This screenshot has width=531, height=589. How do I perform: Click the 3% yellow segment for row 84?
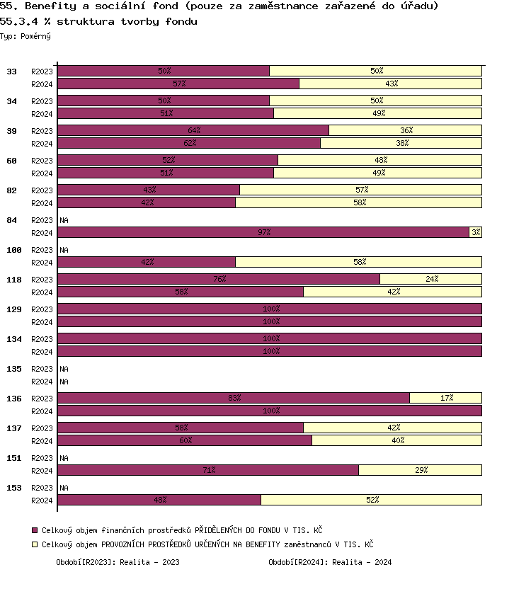point(475,232)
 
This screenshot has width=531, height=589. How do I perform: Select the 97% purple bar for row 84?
point(263,232)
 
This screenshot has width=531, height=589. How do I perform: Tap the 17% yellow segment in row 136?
point(445,398)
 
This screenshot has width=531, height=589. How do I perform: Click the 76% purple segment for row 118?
point(219,279)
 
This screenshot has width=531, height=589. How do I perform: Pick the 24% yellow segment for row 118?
point(430,279)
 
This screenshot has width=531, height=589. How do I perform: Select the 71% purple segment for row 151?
point(208,470)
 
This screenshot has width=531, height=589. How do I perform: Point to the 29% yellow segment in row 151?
point(420,470)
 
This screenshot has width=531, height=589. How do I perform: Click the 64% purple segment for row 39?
point(193,130)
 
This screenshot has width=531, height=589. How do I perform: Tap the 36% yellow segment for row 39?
point(405,130)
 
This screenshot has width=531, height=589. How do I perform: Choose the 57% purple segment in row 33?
point(178,84)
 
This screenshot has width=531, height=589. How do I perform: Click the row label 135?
point(14,369)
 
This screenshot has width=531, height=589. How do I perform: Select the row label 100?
point(14,250)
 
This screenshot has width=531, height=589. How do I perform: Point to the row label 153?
point(14,488)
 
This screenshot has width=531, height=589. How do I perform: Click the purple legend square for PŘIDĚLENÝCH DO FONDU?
point(35,530)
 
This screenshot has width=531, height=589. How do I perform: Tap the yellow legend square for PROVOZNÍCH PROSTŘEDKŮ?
point(35,544)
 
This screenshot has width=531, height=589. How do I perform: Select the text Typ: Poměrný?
point(25,36)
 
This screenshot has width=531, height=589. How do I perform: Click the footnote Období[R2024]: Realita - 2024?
point(330,563)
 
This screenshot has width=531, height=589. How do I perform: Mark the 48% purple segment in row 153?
point(159,500)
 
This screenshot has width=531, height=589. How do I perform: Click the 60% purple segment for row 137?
point(185,440)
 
